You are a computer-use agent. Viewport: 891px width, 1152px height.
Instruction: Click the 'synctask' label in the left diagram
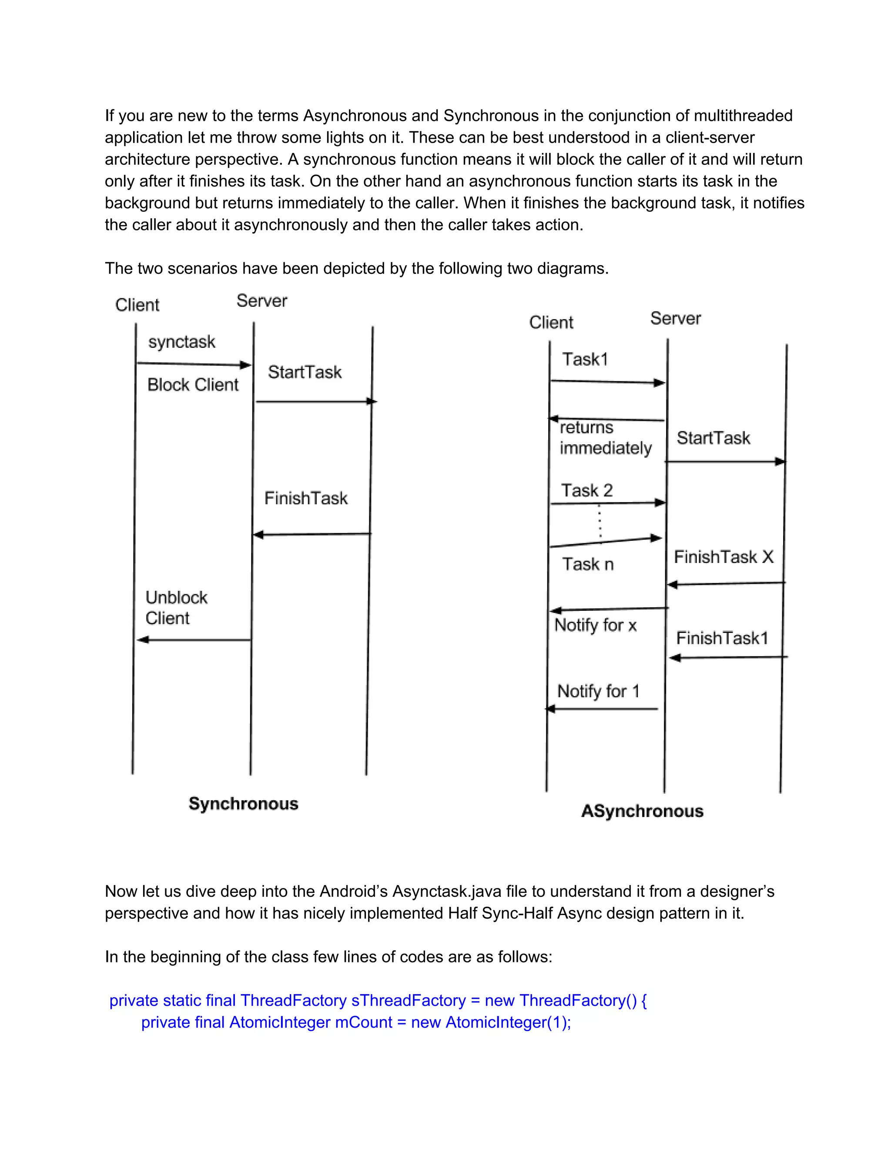(181, 342)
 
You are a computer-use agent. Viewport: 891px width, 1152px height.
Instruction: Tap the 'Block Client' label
(193, 385)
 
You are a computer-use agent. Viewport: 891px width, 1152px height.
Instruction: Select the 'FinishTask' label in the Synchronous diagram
(305, 498)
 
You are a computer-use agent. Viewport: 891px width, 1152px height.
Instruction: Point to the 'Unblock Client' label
(176, 608)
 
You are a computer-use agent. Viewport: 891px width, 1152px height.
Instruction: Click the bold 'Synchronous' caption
(243, 803)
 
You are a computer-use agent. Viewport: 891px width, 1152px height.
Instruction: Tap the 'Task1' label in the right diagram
(585, 359)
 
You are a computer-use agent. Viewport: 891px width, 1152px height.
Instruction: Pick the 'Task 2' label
(586, 490)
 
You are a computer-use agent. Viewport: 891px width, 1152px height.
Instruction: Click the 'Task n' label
(587, 564)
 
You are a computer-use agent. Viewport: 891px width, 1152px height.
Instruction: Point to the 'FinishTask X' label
(723, 556)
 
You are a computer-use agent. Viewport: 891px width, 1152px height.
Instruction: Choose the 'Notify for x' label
(595, 625)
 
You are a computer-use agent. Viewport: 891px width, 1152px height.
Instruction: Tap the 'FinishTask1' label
(722, 638)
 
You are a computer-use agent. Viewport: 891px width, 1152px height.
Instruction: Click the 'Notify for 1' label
(598, 691)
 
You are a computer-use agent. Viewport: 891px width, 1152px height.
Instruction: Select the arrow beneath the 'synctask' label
(193, 364)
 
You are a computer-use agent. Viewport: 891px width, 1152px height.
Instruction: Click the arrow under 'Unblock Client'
(194, 640)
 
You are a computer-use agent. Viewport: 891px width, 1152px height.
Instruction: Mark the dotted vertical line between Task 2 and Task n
(600, 522)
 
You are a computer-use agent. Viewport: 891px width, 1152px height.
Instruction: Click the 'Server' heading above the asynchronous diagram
(675, 319)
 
